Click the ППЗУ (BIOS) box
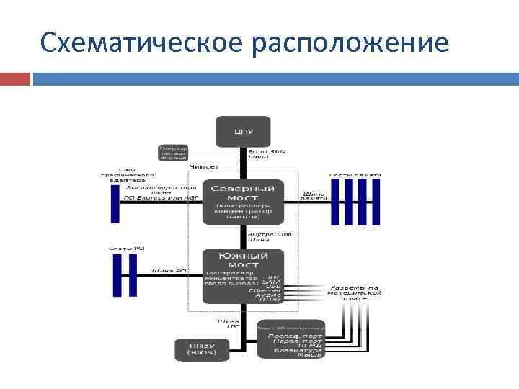click(201, 349)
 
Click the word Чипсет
click(204, 166)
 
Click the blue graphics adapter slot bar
click(114, 202)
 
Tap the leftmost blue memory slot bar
click(334, 202)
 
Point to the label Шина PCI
click(169, 271)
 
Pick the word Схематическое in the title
click(140, 44)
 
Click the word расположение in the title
click(350, 44)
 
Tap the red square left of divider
click(14, 79)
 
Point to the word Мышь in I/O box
click(309, 354)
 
